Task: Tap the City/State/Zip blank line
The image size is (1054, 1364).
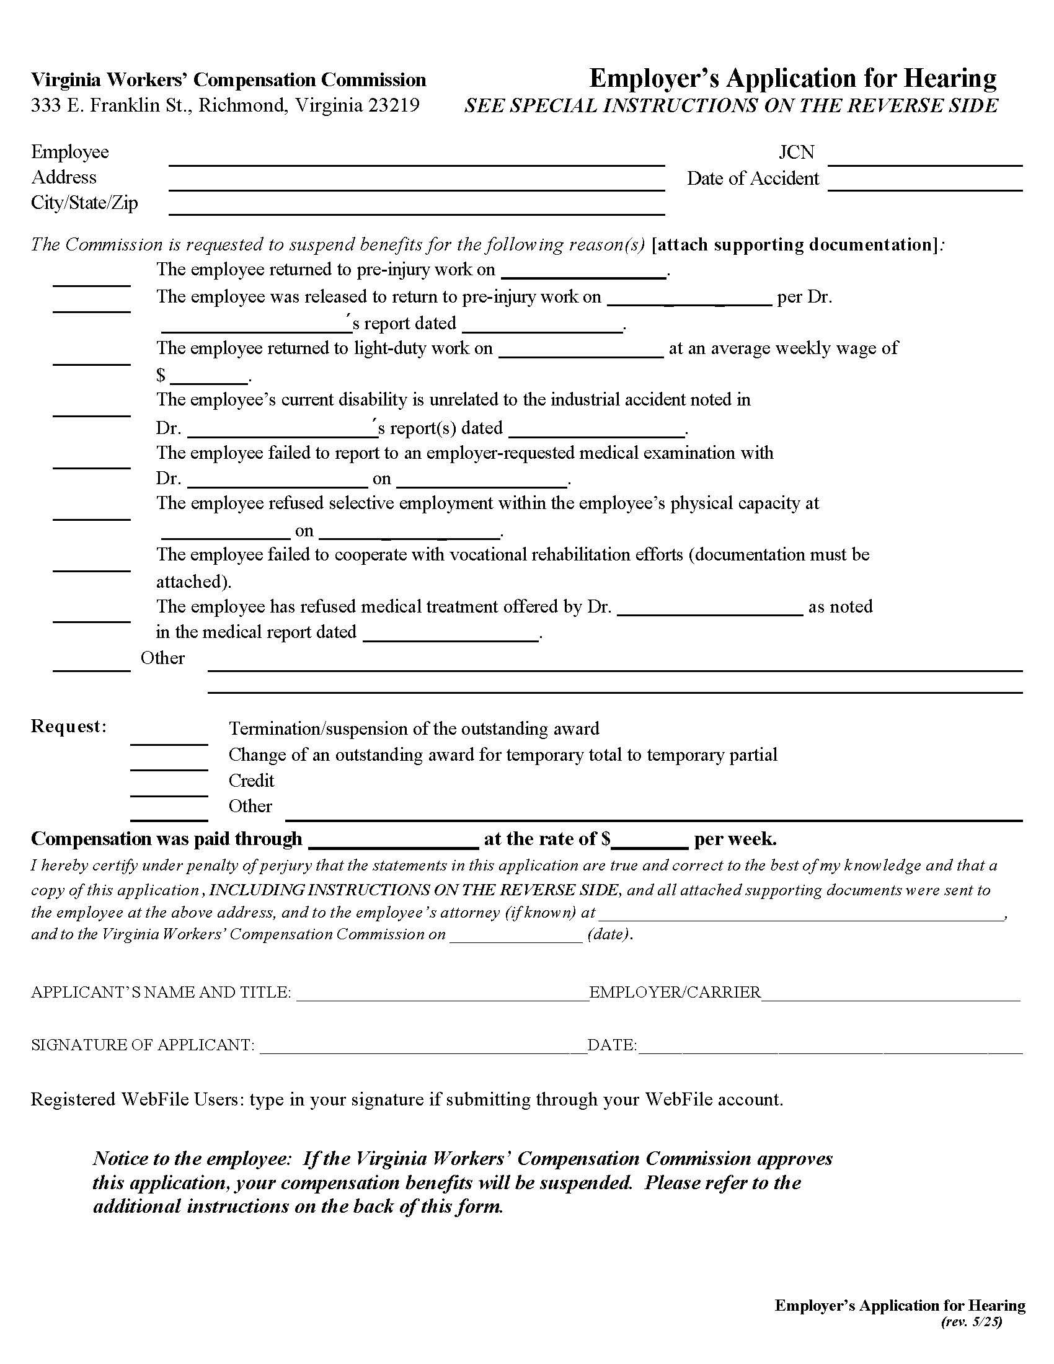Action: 417,208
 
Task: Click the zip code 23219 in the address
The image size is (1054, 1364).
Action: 393,105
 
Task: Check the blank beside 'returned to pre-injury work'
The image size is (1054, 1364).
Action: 92,280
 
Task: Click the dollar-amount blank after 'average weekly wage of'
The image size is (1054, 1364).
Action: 209,376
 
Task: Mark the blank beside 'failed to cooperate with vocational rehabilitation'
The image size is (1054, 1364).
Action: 92,565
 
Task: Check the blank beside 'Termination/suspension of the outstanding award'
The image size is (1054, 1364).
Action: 169,738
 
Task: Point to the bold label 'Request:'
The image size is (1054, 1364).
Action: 69,727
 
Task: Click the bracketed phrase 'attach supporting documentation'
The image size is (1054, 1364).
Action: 794,244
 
